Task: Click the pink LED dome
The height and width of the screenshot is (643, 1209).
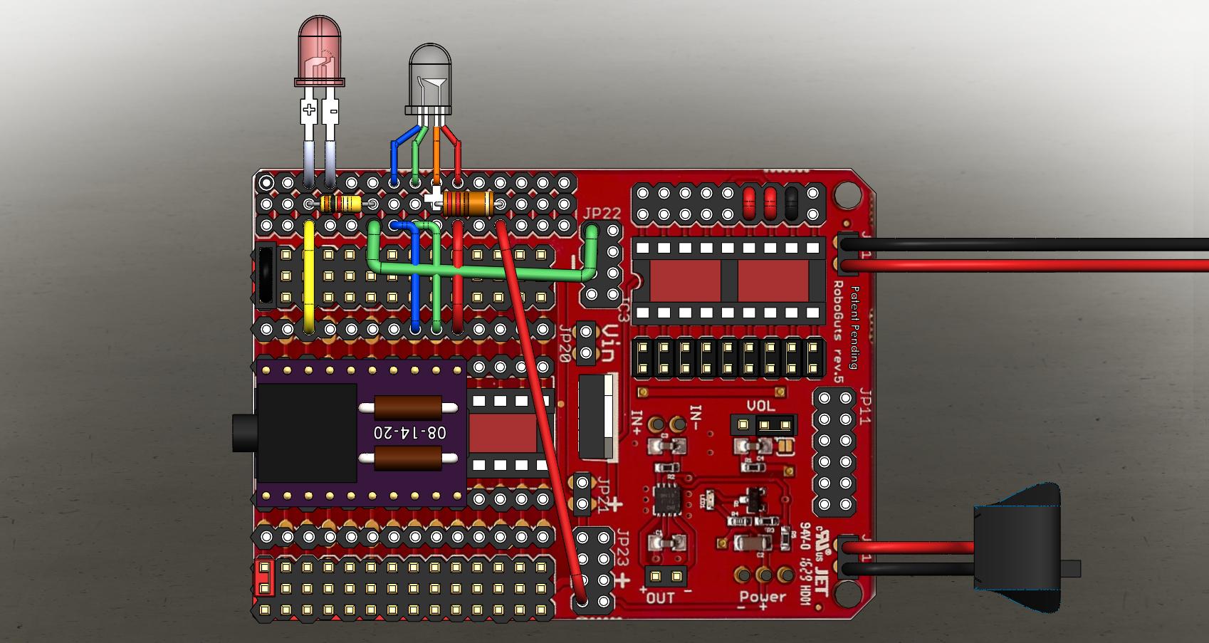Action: (x=320, y=50)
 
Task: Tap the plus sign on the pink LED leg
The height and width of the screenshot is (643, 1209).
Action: (x=308, y=110)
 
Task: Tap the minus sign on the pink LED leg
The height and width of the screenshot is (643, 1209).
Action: (x=332, y=110)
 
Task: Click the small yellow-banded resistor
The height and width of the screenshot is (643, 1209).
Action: (x=340, y=204)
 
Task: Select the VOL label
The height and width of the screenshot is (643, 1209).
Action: (x=760, y=407)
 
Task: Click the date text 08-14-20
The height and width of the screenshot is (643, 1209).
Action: (x=410, y=432)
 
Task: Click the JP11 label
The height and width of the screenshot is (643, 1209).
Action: (x=866, y=407)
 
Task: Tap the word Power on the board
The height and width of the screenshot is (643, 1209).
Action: (x=763, y=597)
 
